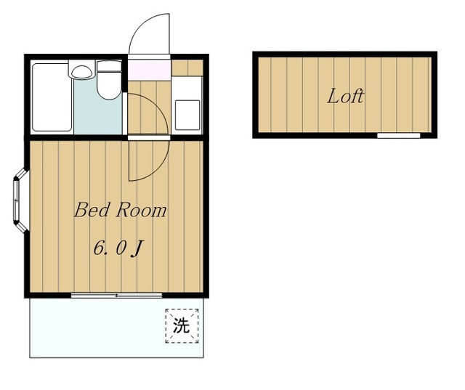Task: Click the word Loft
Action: (x=346, y=96)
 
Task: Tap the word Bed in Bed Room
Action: (x=92, y=210)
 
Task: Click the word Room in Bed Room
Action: (x=141, y=210)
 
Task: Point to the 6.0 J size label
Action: (x=118, y=248)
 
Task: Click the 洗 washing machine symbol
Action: (x=182, y=325)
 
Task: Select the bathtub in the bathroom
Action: (x=52, y=97)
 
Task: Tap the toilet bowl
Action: (x=109, y=86)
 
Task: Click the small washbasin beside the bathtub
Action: (x=81, y=70)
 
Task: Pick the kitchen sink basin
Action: (x=187, y=115)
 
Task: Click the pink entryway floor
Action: (x=149, y=70)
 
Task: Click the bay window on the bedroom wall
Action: (x=20, y=200)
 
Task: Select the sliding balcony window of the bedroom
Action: (x=116, y=295)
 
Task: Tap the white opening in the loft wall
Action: (x=399, y=135)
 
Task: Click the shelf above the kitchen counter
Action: (x=187, y=68)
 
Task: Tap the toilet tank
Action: (x=109, y=66)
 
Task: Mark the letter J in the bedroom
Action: (x=137, y=248)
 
